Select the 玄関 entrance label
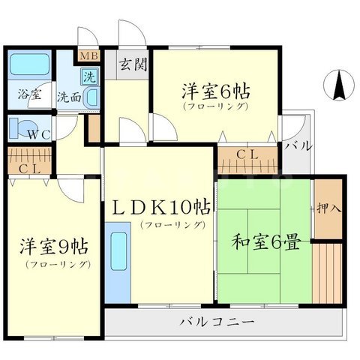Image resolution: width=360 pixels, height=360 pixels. click(x=134, y=64)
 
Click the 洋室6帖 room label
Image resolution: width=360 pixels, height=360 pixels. click(x=214, y=93)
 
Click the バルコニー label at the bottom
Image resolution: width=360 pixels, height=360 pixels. click(x=217, y=322)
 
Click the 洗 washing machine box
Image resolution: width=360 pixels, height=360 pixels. click(x=89, y=76)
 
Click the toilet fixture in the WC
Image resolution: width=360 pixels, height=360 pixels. click(x=22, y=126)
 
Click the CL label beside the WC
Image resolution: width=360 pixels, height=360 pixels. click(x=29, y=168)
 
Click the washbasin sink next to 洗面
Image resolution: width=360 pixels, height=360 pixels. click(x=90, y=97)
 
